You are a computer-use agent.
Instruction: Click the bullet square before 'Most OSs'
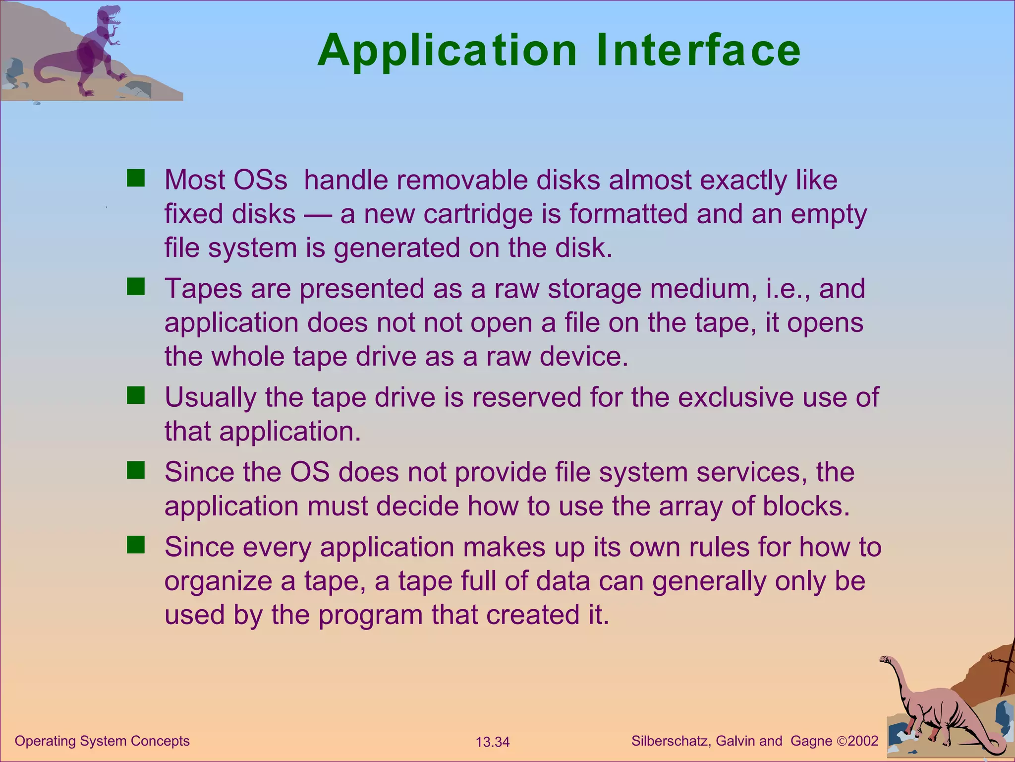[135, 178]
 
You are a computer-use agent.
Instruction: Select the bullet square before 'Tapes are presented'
[135, 286]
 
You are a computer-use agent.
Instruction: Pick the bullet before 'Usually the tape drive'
[135, 395]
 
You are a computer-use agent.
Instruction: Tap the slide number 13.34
[492, 742]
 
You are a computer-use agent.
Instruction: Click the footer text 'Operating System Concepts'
[102, 741]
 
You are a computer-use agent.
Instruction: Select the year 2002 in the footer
[863, 741]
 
